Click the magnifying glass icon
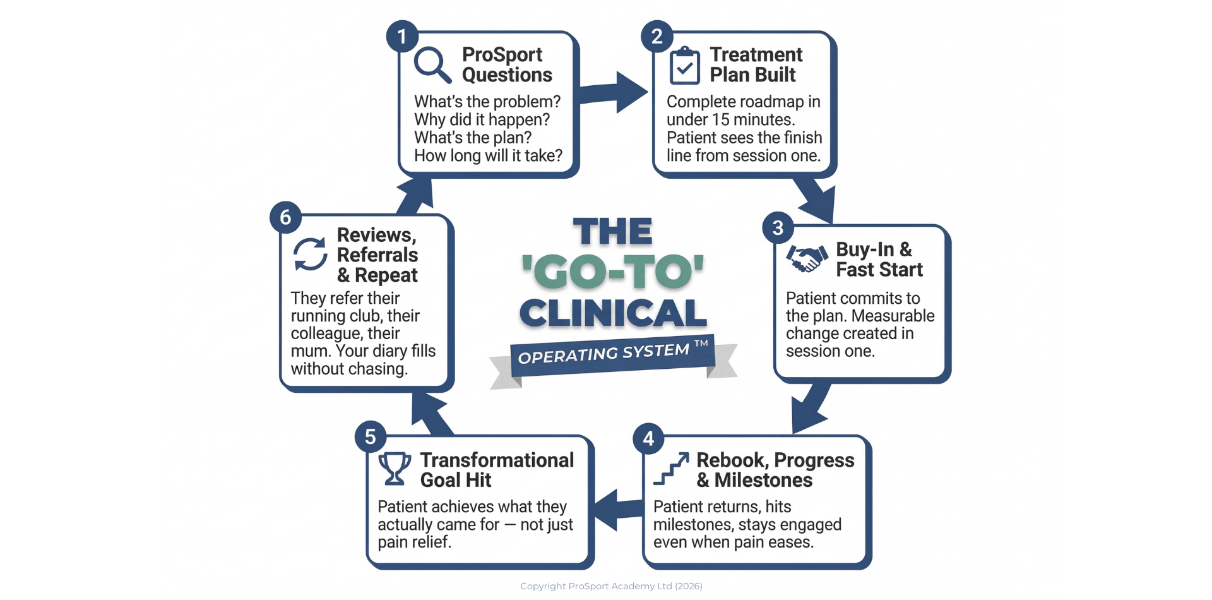tap(432, 64)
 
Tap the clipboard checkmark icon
tap(684, 66)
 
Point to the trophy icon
tap(395, 469)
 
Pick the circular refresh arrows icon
tap(310, 254)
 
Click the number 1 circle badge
tap(401, 36)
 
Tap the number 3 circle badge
tap(778, 227)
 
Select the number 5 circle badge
tap(370, 436)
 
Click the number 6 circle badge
tap(285, 217)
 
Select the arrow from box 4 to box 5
tap(615, 509)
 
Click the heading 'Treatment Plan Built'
tap(756, 64)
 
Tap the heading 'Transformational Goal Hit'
tap(497, 470)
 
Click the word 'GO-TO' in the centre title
tap(612, 272)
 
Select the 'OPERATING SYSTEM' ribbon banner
tap(612, 355)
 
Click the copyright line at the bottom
tap(611, 586)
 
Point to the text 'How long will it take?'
tap(488, 156)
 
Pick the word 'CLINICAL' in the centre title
tap(613, 313)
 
